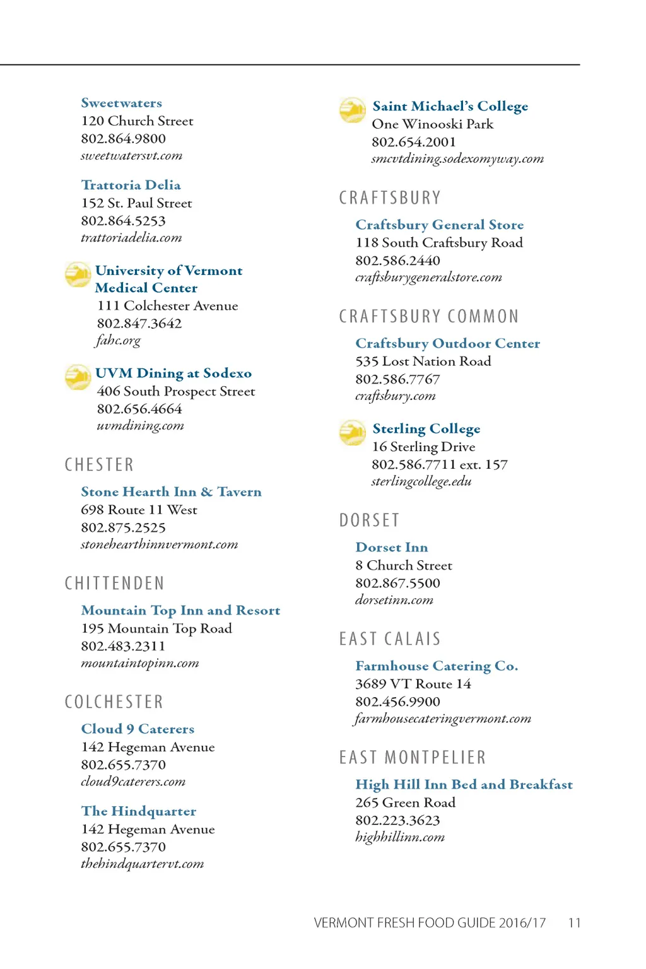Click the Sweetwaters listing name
[121, 103]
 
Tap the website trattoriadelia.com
[131, 238]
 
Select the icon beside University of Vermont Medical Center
[78, 274]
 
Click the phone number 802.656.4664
[139, 409]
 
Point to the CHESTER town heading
[99, 465]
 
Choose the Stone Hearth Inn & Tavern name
[171, 492]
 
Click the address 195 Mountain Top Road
[156, 628]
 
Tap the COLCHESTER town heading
[114, 702]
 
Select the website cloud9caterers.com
[133, 782]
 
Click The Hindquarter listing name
[139, 811]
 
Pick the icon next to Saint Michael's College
[353, 110]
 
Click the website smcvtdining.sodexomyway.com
[457, 159]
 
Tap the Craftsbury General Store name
[440, 225]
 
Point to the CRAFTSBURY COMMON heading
[429, 316]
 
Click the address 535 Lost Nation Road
[423, 361]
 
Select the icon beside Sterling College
[353, 433]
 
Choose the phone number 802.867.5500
[398, 583]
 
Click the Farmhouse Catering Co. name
[437, 666]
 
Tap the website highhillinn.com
[400, 837]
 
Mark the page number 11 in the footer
[574, 923]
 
